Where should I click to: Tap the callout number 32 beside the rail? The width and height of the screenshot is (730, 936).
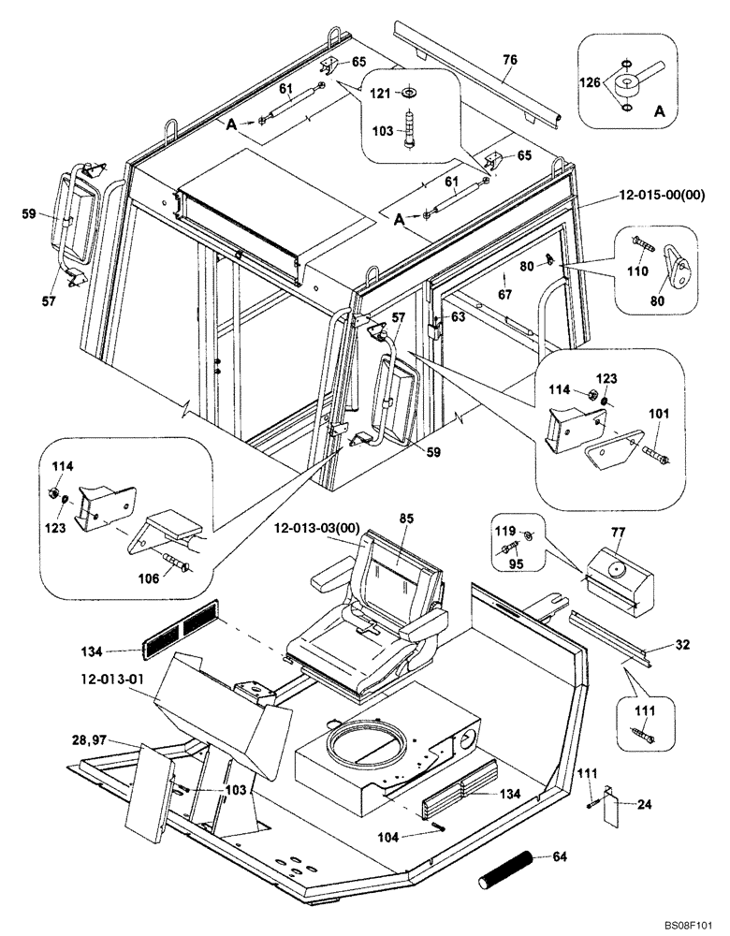pos(681,645)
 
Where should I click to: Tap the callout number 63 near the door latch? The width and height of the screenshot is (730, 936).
pos(457,316)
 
